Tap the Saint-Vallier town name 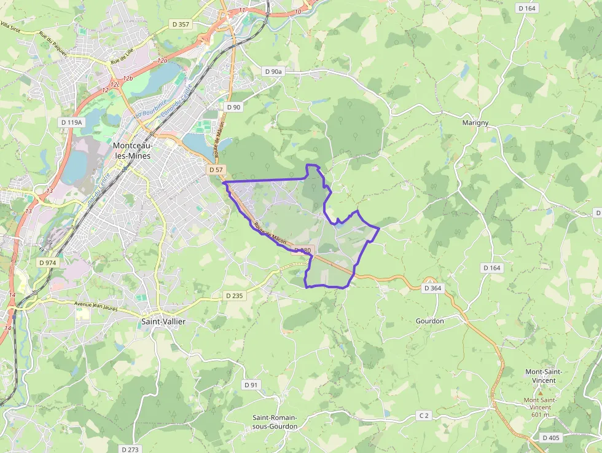tap(163, 321)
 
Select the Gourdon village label tap(429, 321)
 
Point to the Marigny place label tap(475, 123)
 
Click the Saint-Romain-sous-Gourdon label tap(275, 422)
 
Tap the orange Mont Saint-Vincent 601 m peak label tap(540, 403)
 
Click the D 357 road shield tap(181, 25)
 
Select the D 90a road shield tap(273, 72)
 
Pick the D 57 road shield tap(216, 169)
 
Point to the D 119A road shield tap(72, 122)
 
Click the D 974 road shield tap(47, 262)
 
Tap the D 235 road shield tap(234, 296)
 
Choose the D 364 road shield tap(432, 288)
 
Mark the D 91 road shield tap(251, 385)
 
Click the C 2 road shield tap(424, 416)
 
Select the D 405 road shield tap(551, 438)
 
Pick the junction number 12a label tap(162, 61)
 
